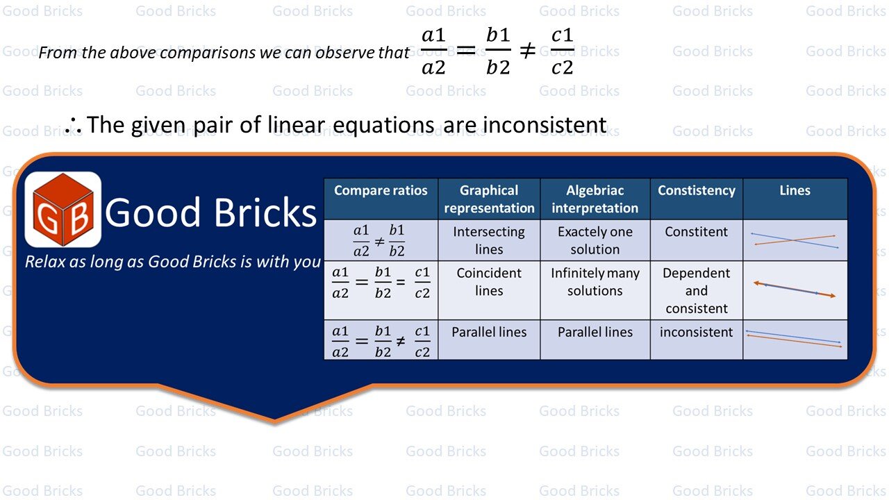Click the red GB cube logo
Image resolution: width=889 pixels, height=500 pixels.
coord(63,210)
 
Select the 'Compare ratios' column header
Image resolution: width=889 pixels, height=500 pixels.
coord(381,191)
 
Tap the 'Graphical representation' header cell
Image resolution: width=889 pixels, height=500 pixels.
coord(489,199)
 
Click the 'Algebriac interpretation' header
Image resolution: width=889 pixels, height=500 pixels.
coord(595,199)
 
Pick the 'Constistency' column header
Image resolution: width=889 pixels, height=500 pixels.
coord(697,191)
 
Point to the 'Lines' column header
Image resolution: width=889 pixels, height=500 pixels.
coord(795,191)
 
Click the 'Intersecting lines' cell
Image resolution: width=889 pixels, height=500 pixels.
coord(489,240)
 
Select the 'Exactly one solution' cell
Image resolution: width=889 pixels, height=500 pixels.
coord(595,240)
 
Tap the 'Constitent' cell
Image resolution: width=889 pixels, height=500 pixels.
coord(697,232)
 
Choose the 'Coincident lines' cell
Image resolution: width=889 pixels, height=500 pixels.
coord(489,282)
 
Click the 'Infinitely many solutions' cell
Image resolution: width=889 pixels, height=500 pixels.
coord(595,282)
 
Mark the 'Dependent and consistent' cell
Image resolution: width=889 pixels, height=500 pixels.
coord(697,290)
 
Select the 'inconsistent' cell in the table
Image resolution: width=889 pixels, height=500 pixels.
coord(697,332)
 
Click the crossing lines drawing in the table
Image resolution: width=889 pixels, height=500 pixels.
coord(795,240)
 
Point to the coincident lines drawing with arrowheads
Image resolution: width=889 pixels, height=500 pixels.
coord(795,290)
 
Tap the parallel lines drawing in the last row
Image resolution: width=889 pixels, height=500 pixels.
coord(795,339)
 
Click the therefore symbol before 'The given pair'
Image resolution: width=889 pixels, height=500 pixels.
coord(73,126)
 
